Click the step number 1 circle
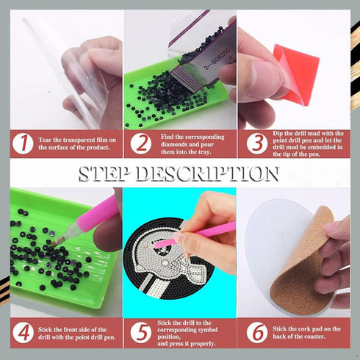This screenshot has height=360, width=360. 24,143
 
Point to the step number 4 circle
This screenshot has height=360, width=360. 24,334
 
